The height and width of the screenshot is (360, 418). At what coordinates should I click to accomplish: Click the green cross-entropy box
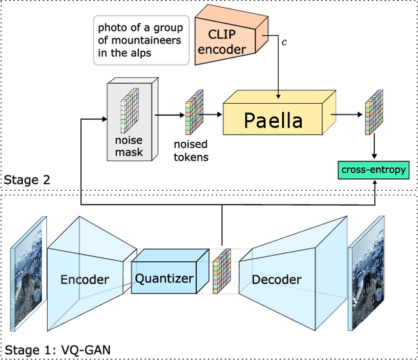pyautogui.click(x=374, y=170)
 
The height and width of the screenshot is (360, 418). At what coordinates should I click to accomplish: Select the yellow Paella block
pyautogui.click(x=279, y=113)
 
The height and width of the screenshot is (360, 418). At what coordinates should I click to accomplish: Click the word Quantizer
pyautogui.click(x=164, y=279)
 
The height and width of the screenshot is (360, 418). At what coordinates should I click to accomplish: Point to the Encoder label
pyautogui.click(x=85, y=280)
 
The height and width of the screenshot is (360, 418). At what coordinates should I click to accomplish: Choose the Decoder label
pyautogui.click(x=277, y=280)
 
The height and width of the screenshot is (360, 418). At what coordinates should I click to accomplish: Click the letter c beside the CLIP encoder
pyautogui.click(x=284, y=42)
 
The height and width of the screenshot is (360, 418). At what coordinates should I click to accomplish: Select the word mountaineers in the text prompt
pyautogui.click(x=146, y=41)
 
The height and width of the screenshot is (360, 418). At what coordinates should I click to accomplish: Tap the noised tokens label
pyautogui.click(x=191, y=150)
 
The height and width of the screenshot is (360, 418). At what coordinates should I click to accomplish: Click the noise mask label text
pyautogui.click(x=129, y=146)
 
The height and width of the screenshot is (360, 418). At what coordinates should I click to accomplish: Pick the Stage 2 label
pyautogui.click(x=27, y=180)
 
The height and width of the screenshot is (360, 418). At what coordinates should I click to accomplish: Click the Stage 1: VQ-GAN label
pyautogui.click(x=57, y=350)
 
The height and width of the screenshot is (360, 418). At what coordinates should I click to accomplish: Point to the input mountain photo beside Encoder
pyautogui.click(x=28, y=274)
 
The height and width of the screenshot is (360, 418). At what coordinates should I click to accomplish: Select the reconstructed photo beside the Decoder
pyautogui.click(x=366, y=274)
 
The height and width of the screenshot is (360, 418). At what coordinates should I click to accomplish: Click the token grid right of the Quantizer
pyautogui.click(x=222, y=271)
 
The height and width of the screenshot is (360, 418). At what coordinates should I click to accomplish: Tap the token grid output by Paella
pyautogui.click(x=374, y=112)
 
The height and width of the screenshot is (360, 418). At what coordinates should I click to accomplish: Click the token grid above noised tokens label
pyautogui.click(x=195, y=112)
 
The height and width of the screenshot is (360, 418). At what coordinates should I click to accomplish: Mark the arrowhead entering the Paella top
pyautogui.click(x=278, y=96)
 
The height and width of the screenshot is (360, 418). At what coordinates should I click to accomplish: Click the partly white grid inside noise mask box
pyautogui.click(x=129, y=110)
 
